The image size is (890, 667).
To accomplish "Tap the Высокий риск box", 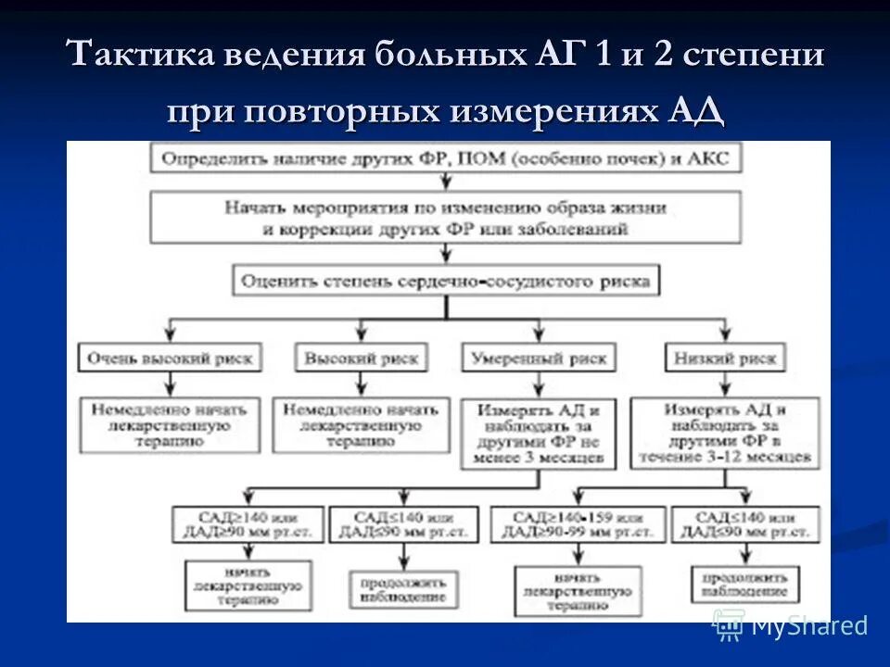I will (x=361, y=358).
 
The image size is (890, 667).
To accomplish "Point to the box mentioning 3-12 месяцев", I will (x=725, y=432).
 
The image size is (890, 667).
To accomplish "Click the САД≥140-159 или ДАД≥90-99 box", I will (x=577, y=525).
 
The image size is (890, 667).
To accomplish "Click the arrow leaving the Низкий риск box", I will (x=724, y=384).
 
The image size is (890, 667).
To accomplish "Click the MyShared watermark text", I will (x=808, y=626).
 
